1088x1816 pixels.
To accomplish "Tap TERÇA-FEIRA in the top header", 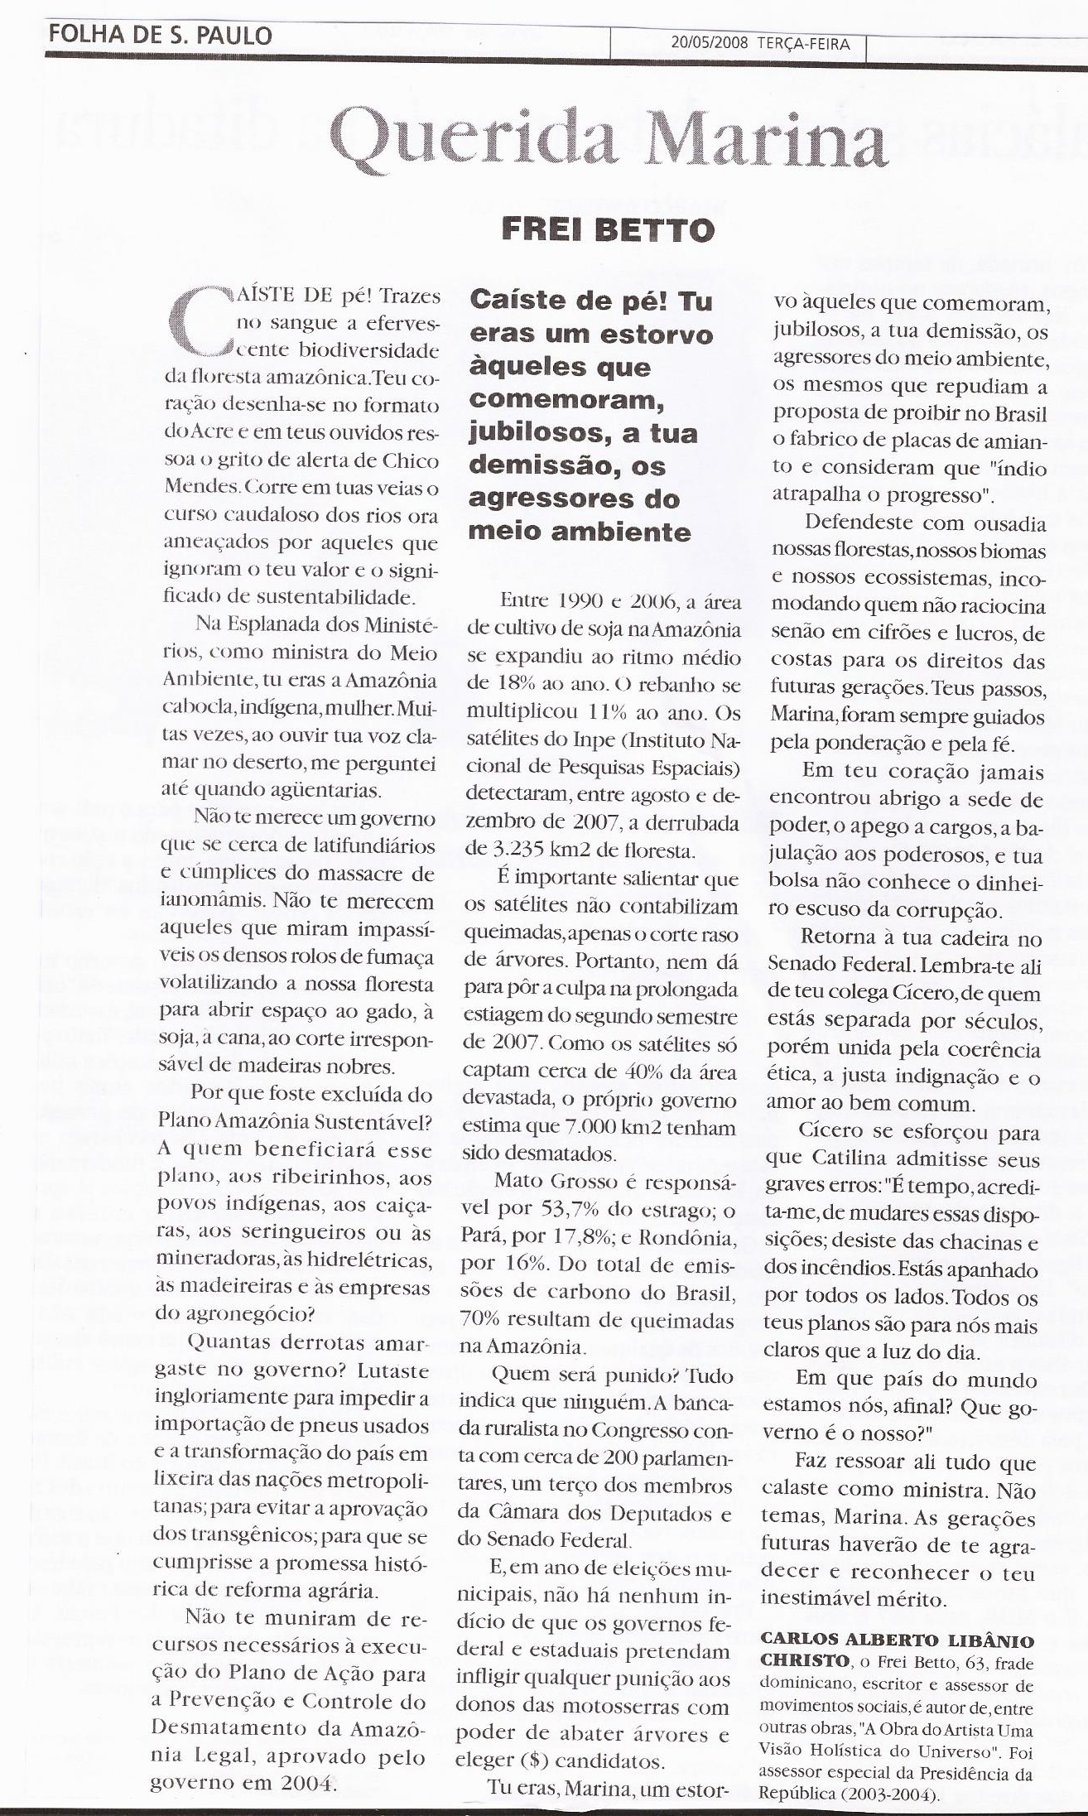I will [803, 44].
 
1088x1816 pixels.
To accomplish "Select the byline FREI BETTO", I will [608, 229].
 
